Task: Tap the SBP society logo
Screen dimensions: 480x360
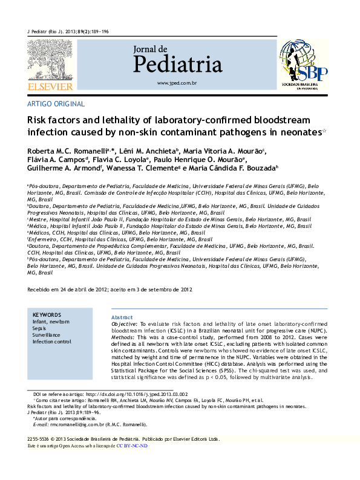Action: pyautogui.click(x=304, y=65)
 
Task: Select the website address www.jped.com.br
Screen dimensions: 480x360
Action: pyautogui.click(x=177, y=82)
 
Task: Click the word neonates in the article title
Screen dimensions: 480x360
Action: pyautogui.click(x=297, y=132)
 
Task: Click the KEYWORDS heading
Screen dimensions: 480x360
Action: pyautogui.click(x=47, y=315)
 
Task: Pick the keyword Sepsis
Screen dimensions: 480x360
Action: pyautogui.click(x=41, y=328)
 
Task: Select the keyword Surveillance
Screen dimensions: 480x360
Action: pyautogui.click(x=47, y=335)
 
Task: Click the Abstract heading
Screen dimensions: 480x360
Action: pyautogui.click(x=122, y=317)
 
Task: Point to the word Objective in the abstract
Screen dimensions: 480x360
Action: pyautogui.click(x=125, y=325)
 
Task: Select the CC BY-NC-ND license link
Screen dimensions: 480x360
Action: pyautogui.click(x=131, y=446)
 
